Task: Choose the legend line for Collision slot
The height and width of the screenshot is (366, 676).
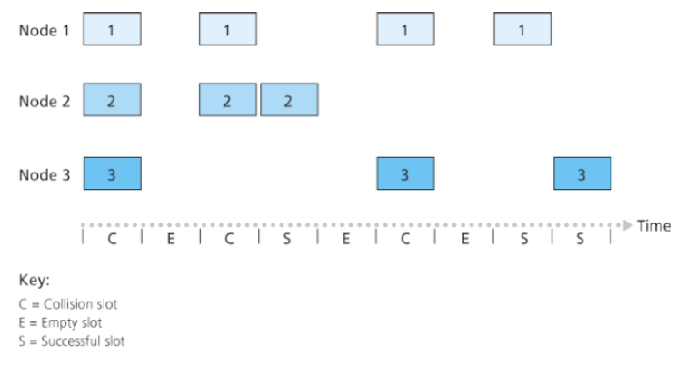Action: click(x=65, y=306)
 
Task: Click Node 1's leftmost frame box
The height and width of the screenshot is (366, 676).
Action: click(x=112, y=30)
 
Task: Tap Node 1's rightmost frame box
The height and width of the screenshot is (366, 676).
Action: click(x=522, y=30)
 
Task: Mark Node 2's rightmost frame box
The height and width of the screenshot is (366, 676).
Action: click(x=288, y=100)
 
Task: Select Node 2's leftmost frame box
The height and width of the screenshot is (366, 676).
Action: click(x=112, y=100)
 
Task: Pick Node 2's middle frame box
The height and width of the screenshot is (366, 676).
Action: click(x=229, y=100)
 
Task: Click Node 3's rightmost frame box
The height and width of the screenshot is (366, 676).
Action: click(x=582, y=172)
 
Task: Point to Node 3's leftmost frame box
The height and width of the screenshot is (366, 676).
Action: click(x=112, y=172)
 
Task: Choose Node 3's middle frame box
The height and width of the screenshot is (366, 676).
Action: click(x=405, y=172)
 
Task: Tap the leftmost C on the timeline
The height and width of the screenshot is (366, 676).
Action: click(x=112, y=240)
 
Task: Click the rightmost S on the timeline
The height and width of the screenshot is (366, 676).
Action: click(x=582, y=240)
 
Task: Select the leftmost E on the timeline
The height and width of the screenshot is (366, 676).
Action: click(x=171, y=240)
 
